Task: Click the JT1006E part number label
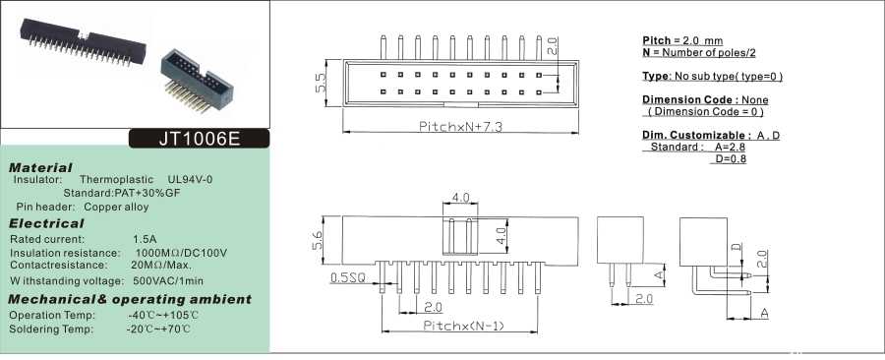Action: tap(200, 139)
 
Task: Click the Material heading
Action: tap(40, 167)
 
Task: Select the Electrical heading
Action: tap(46, 223)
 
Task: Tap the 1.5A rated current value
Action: tap(146, 239)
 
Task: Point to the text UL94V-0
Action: tap(190, 180)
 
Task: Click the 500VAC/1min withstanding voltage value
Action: tap(168, 281)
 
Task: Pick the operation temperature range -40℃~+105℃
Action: tap(163, 315)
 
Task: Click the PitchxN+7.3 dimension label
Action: tap(460, 126)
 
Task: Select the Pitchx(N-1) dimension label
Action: tap(463, 326)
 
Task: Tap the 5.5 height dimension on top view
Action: tap(321, 83)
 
